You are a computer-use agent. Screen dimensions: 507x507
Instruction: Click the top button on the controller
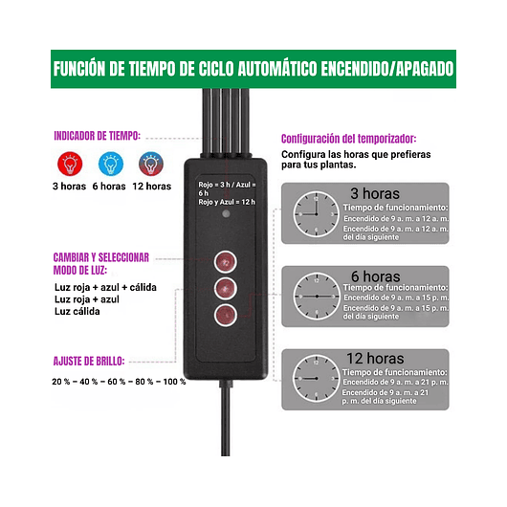[224, 259]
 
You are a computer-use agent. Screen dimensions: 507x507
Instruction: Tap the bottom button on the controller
[224, 316]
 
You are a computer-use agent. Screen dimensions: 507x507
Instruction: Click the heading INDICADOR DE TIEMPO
[99, 136]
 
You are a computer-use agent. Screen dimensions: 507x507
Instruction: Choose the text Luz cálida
[77, 311]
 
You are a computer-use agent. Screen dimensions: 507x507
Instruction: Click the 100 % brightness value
[172, 382]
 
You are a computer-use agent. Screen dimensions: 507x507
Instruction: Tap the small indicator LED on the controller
[224, 216]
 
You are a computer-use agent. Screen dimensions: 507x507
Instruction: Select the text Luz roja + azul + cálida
[105, 287]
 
